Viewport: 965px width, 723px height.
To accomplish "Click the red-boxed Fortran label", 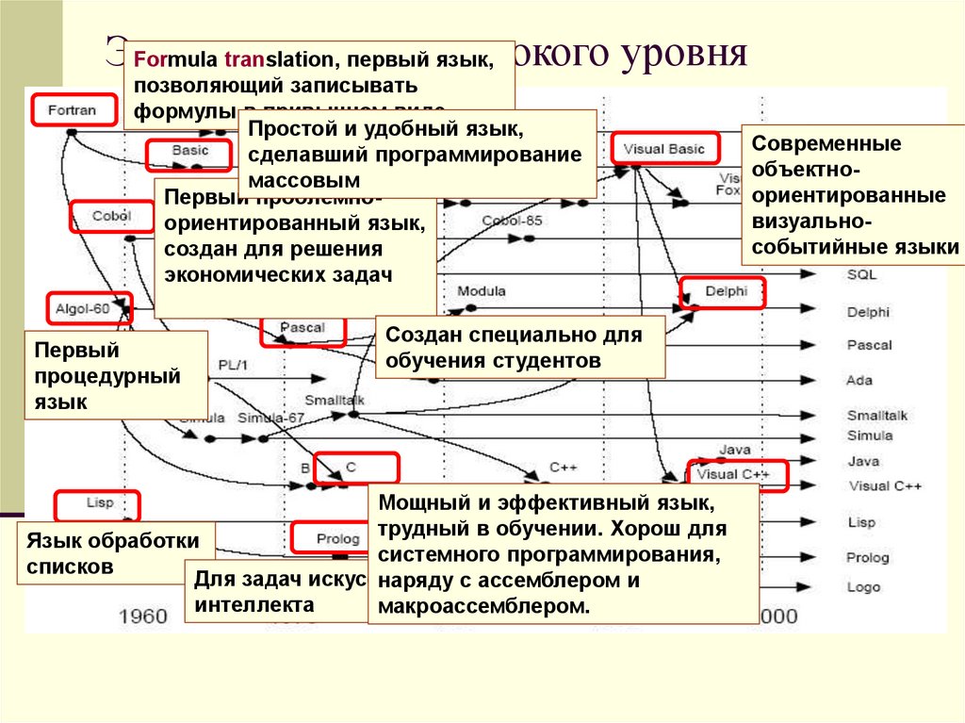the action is [73, 110].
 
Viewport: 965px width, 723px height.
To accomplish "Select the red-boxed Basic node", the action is [189, 151].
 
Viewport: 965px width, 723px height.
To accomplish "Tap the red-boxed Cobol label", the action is [111, 216].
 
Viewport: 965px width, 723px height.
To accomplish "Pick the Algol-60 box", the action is [89, 307].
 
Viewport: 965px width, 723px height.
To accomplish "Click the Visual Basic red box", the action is [664, 149].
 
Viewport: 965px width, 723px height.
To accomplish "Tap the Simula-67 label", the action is [270, 417].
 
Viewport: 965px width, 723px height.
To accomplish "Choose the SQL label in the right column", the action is [861, 274].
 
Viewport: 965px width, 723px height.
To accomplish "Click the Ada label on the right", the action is [859, 380].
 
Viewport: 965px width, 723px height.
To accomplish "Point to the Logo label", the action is [862, 586].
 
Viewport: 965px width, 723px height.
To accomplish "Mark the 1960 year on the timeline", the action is [143, 616].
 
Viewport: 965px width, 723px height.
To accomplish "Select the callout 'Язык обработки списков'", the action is [115, 553].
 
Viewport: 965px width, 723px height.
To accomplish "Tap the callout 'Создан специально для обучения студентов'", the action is [520, 347].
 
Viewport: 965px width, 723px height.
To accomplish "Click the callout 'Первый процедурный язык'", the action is [115, 376].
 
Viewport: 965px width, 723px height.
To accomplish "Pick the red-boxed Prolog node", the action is [337, 538].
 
